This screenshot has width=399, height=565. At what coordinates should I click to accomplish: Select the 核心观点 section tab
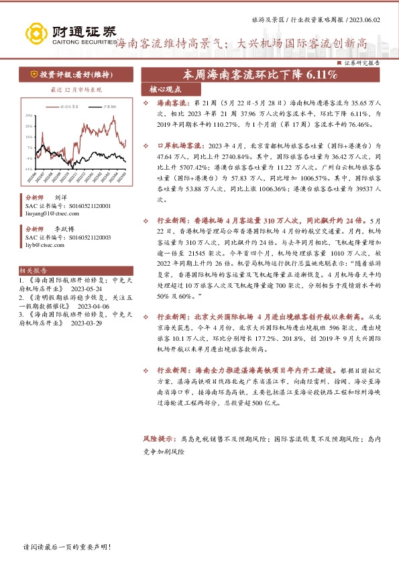coord(162,89)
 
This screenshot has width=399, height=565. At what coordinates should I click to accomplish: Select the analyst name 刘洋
coord(60,199)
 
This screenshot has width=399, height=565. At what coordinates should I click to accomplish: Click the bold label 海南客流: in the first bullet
coord(172,105)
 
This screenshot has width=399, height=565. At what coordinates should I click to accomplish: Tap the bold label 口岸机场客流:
coord(180,145)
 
